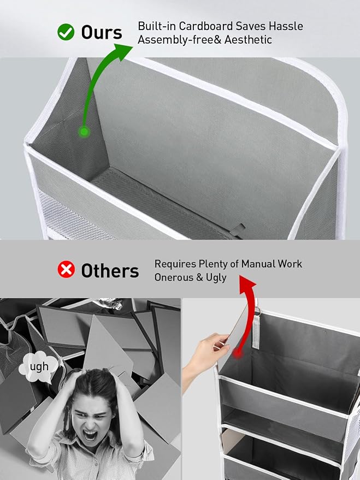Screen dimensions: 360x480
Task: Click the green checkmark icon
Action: (66, 32)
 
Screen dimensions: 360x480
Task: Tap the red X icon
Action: (66, 269)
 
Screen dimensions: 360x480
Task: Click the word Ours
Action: (101, 32)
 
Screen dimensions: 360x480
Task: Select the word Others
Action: (110, 271)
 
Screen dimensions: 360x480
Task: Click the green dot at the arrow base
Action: (84, 132)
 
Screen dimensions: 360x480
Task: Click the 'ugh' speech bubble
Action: (38, 367)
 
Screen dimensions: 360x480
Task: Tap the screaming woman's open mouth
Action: (90, 435)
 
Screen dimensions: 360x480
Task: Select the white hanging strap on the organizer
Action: (256, 330)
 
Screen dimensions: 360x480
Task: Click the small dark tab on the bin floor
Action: (238, 230)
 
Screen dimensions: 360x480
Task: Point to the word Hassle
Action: (286, 26)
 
